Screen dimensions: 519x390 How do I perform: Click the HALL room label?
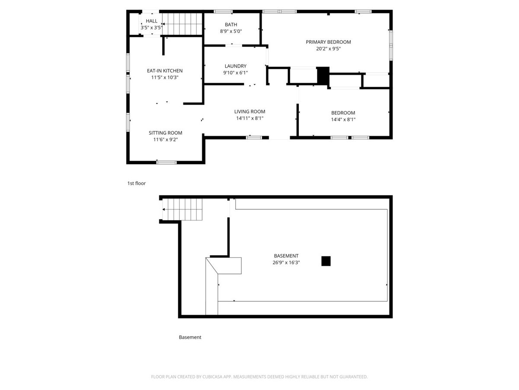click(151, 21)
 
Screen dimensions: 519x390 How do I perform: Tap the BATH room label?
click(231, 25)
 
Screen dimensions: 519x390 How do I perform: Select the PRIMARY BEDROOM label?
click(328, 42)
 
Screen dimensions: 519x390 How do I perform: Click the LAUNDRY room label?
click(236, 66)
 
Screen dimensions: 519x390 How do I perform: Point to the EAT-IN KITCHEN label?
click(165, 71)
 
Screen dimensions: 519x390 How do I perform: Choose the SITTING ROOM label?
click(165, 133)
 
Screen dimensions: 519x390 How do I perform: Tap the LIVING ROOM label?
click(250, 111)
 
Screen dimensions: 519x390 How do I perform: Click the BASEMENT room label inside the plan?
click(286, 256)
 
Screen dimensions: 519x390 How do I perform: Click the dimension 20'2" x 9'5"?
click(328, 49)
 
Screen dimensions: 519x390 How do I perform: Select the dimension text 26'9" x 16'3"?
click(286, 263)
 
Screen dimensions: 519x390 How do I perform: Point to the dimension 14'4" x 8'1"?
click(343, 120)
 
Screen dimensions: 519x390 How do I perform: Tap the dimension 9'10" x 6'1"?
click(236, 73)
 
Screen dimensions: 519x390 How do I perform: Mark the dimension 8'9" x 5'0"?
click(231, 31)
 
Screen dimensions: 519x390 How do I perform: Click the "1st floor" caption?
click(136, 183)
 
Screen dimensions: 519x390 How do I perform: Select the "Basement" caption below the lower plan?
click(190, 337)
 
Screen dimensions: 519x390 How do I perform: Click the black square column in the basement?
click(326, 261)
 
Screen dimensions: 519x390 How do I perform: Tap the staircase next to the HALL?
click(182, 24)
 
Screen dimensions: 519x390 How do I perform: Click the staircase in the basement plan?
click(183, 210)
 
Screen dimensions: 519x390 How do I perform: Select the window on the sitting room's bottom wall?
click(167, 162)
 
